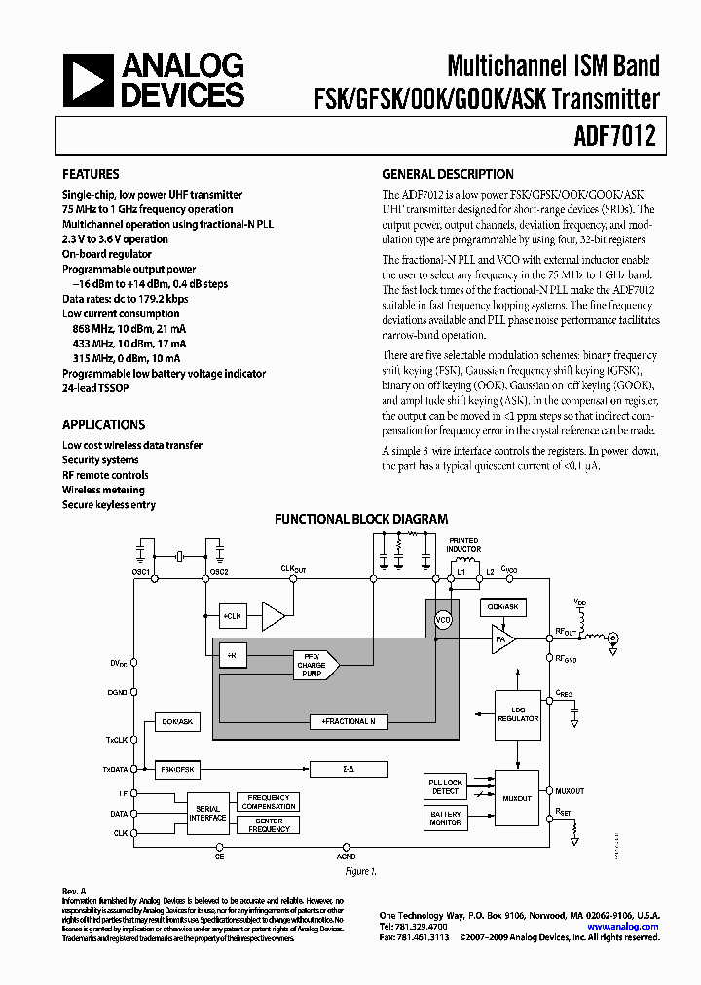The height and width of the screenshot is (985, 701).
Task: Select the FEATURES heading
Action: (91, 175)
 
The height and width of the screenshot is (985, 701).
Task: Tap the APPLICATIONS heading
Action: (103, 425)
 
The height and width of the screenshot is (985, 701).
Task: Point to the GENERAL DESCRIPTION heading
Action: (447, 175)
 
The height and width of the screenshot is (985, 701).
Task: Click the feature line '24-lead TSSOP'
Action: (95, 388)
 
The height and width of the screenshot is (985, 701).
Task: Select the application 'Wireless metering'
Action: (103, 491)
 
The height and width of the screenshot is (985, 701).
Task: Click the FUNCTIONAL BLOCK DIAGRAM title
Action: (361, 520)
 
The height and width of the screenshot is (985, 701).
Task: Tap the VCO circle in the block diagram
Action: (443, 619)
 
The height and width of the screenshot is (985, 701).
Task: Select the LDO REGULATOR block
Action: (518, 713)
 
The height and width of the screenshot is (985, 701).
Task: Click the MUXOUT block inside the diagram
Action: (516, 798)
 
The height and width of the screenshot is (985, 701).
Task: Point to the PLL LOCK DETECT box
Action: (446, 787)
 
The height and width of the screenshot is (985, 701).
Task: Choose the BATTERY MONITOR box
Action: (446, 819)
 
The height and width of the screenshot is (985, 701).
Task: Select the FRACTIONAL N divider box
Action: (349, 721)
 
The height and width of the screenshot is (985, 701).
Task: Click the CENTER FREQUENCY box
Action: (269, 825)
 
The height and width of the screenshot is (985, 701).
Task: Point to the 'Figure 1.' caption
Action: (360, 872)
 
